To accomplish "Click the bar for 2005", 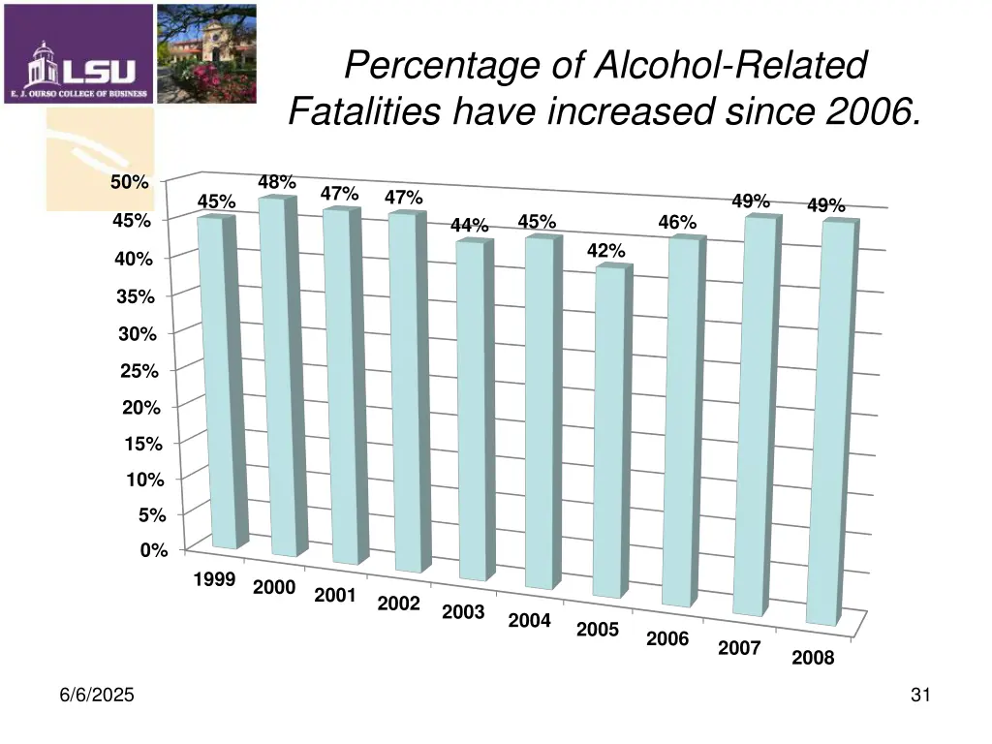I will click(x=609, y=431).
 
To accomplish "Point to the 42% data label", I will click(x=605, y=252).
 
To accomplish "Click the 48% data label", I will click(x=277, y=183).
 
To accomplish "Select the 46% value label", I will click(x=677, y=223).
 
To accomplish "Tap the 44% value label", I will click(x=470, y=226).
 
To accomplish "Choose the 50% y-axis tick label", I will click(x=130, y=182).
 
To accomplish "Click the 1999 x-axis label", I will click(x=214, y=580).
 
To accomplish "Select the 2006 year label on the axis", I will click(x=667, y=638).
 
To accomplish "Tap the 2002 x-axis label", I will click(x=398, y=604).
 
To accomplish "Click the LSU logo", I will click(x=78, y=54).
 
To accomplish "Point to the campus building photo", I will click(x=206, y=54).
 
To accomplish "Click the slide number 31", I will click(x=920, y=695).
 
